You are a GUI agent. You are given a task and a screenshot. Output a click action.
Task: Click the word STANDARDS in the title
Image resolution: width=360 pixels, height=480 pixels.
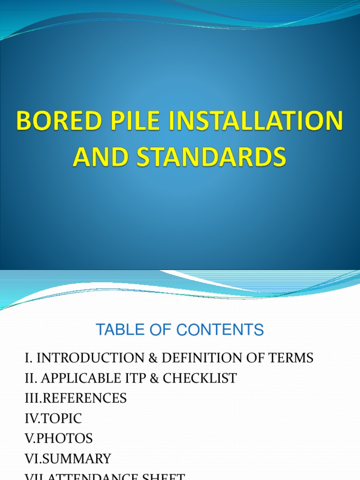click(x=211, y=157)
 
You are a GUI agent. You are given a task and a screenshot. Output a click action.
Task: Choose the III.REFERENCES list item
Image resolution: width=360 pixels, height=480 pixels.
click(x=75, y=398)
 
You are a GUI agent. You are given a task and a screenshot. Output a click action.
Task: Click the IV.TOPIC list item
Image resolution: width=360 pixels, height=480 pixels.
click(x=53, y=419)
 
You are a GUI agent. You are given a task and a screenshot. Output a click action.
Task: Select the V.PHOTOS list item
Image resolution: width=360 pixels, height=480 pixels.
click(x=59, y=439)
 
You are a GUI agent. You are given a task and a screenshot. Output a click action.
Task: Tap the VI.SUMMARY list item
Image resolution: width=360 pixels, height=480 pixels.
click(x=68, y=459)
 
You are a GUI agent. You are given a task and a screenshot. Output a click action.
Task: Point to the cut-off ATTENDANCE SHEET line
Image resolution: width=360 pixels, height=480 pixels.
click(x=105, y=476)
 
